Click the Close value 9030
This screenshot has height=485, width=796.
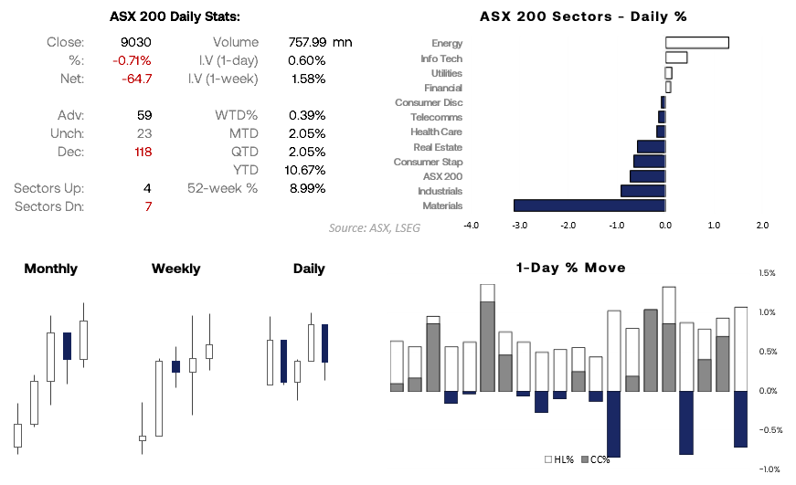click(x=135, y=42)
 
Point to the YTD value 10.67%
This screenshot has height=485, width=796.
click(x=306, y=170)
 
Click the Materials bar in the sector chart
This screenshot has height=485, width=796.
click(x=589, y=206)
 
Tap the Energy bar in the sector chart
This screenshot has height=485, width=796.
click(x=696, y=43)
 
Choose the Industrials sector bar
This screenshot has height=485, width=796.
click(x=642, y=191)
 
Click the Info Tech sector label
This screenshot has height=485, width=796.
click(x=440, y=58)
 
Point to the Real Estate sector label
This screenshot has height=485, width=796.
click(x=437, y=147)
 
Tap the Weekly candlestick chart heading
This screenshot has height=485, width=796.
click(x=175, y=269)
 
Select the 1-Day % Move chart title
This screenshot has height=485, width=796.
click(x=570, y=268)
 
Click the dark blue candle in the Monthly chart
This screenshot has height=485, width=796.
click(x=67, y=346)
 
